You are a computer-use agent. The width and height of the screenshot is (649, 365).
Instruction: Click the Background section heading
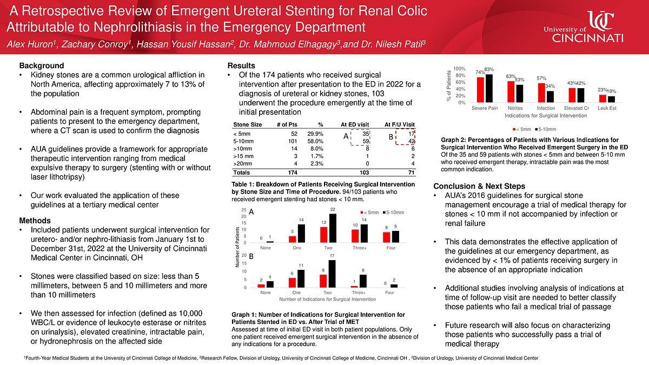[x=42, y=65]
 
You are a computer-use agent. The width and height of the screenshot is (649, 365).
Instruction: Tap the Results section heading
[x=241, y=65]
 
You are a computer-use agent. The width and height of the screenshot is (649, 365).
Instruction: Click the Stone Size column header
[x=247, y=124]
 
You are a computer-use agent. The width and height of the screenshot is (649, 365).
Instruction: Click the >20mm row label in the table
[x=242, y=163]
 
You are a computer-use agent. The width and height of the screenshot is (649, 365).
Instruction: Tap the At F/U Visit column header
[x=399, y=124]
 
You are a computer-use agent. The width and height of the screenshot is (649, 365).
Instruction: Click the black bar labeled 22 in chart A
[x=332, y=228]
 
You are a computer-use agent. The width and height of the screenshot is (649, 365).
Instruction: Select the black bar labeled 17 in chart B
[x=332, y=274]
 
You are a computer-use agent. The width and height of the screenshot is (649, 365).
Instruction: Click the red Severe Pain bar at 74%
[x=480, y=90]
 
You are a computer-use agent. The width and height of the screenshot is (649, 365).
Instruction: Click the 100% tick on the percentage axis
[x=459, y=69]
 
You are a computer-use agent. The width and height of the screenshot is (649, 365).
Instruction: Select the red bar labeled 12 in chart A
[x=323, y=234]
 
